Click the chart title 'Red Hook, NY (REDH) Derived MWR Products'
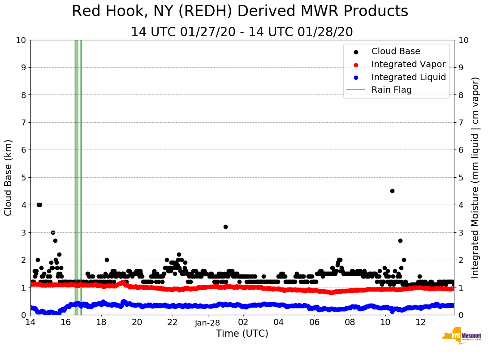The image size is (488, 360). pos(240,12)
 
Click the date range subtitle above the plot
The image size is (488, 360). pos(242,32)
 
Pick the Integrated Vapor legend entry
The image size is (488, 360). pos(408,64)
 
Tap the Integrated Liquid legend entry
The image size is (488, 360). pos(408,77)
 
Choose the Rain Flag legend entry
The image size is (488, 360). pos(391,90)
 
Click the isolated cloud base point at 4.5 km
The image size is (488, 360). pos(392,191)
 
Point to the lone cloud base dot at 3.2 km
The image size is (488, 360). pos(225,227)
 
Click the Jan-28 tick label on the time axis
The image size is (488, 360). pos(207,323)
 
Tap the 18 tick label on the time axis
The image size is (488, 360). pos(101,322)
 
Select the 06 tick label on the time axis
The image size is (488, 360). pos(314,322)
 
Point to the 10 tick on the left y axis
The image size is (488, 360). pos(21,40)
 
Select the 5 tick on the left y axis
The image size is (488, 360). pos(23,178)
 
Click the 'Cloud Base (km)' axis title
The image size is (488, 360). pos(9,177)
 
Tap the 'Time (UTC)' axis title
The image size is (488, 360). pos(242,334)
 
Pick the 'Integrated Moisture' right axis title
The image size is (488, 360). pos(475,177)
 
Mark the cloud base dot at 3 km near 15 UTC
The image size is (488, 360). pos(53,232)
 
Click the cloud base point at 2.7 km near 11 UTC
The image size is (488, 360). pos(400,240)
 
